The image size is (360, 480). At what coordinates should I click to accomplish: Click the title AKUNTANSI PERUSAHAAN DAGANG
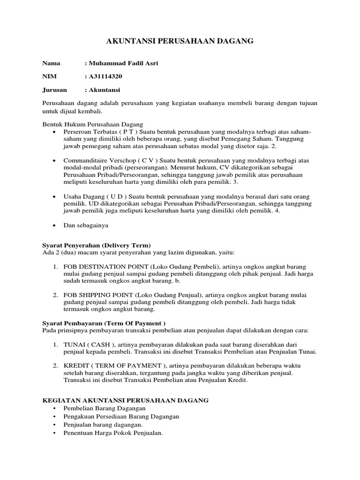180,42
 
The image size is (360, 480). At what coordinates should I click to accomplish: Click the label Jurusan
55,90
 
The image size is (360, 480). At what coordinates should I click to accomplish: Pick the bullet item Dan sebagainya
86,225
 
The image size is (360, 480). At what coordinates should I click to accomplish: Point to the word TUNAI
73,344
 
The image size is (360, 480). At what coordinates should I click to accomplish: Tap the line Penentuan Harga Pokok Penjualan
113,433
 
